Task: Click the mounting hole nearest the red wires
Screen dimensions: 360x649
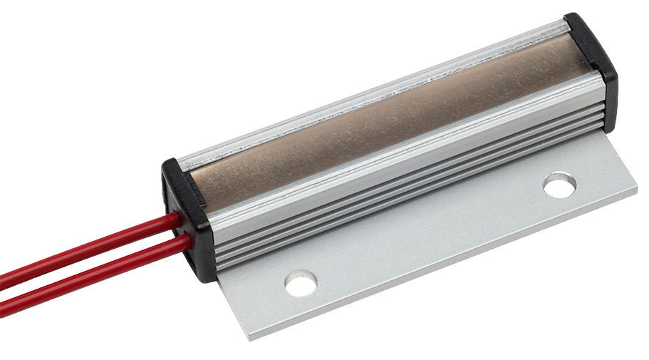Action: [x=301, y=283]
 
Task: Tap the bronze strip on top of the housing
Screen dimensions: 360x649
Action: [x=385, y=114]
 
